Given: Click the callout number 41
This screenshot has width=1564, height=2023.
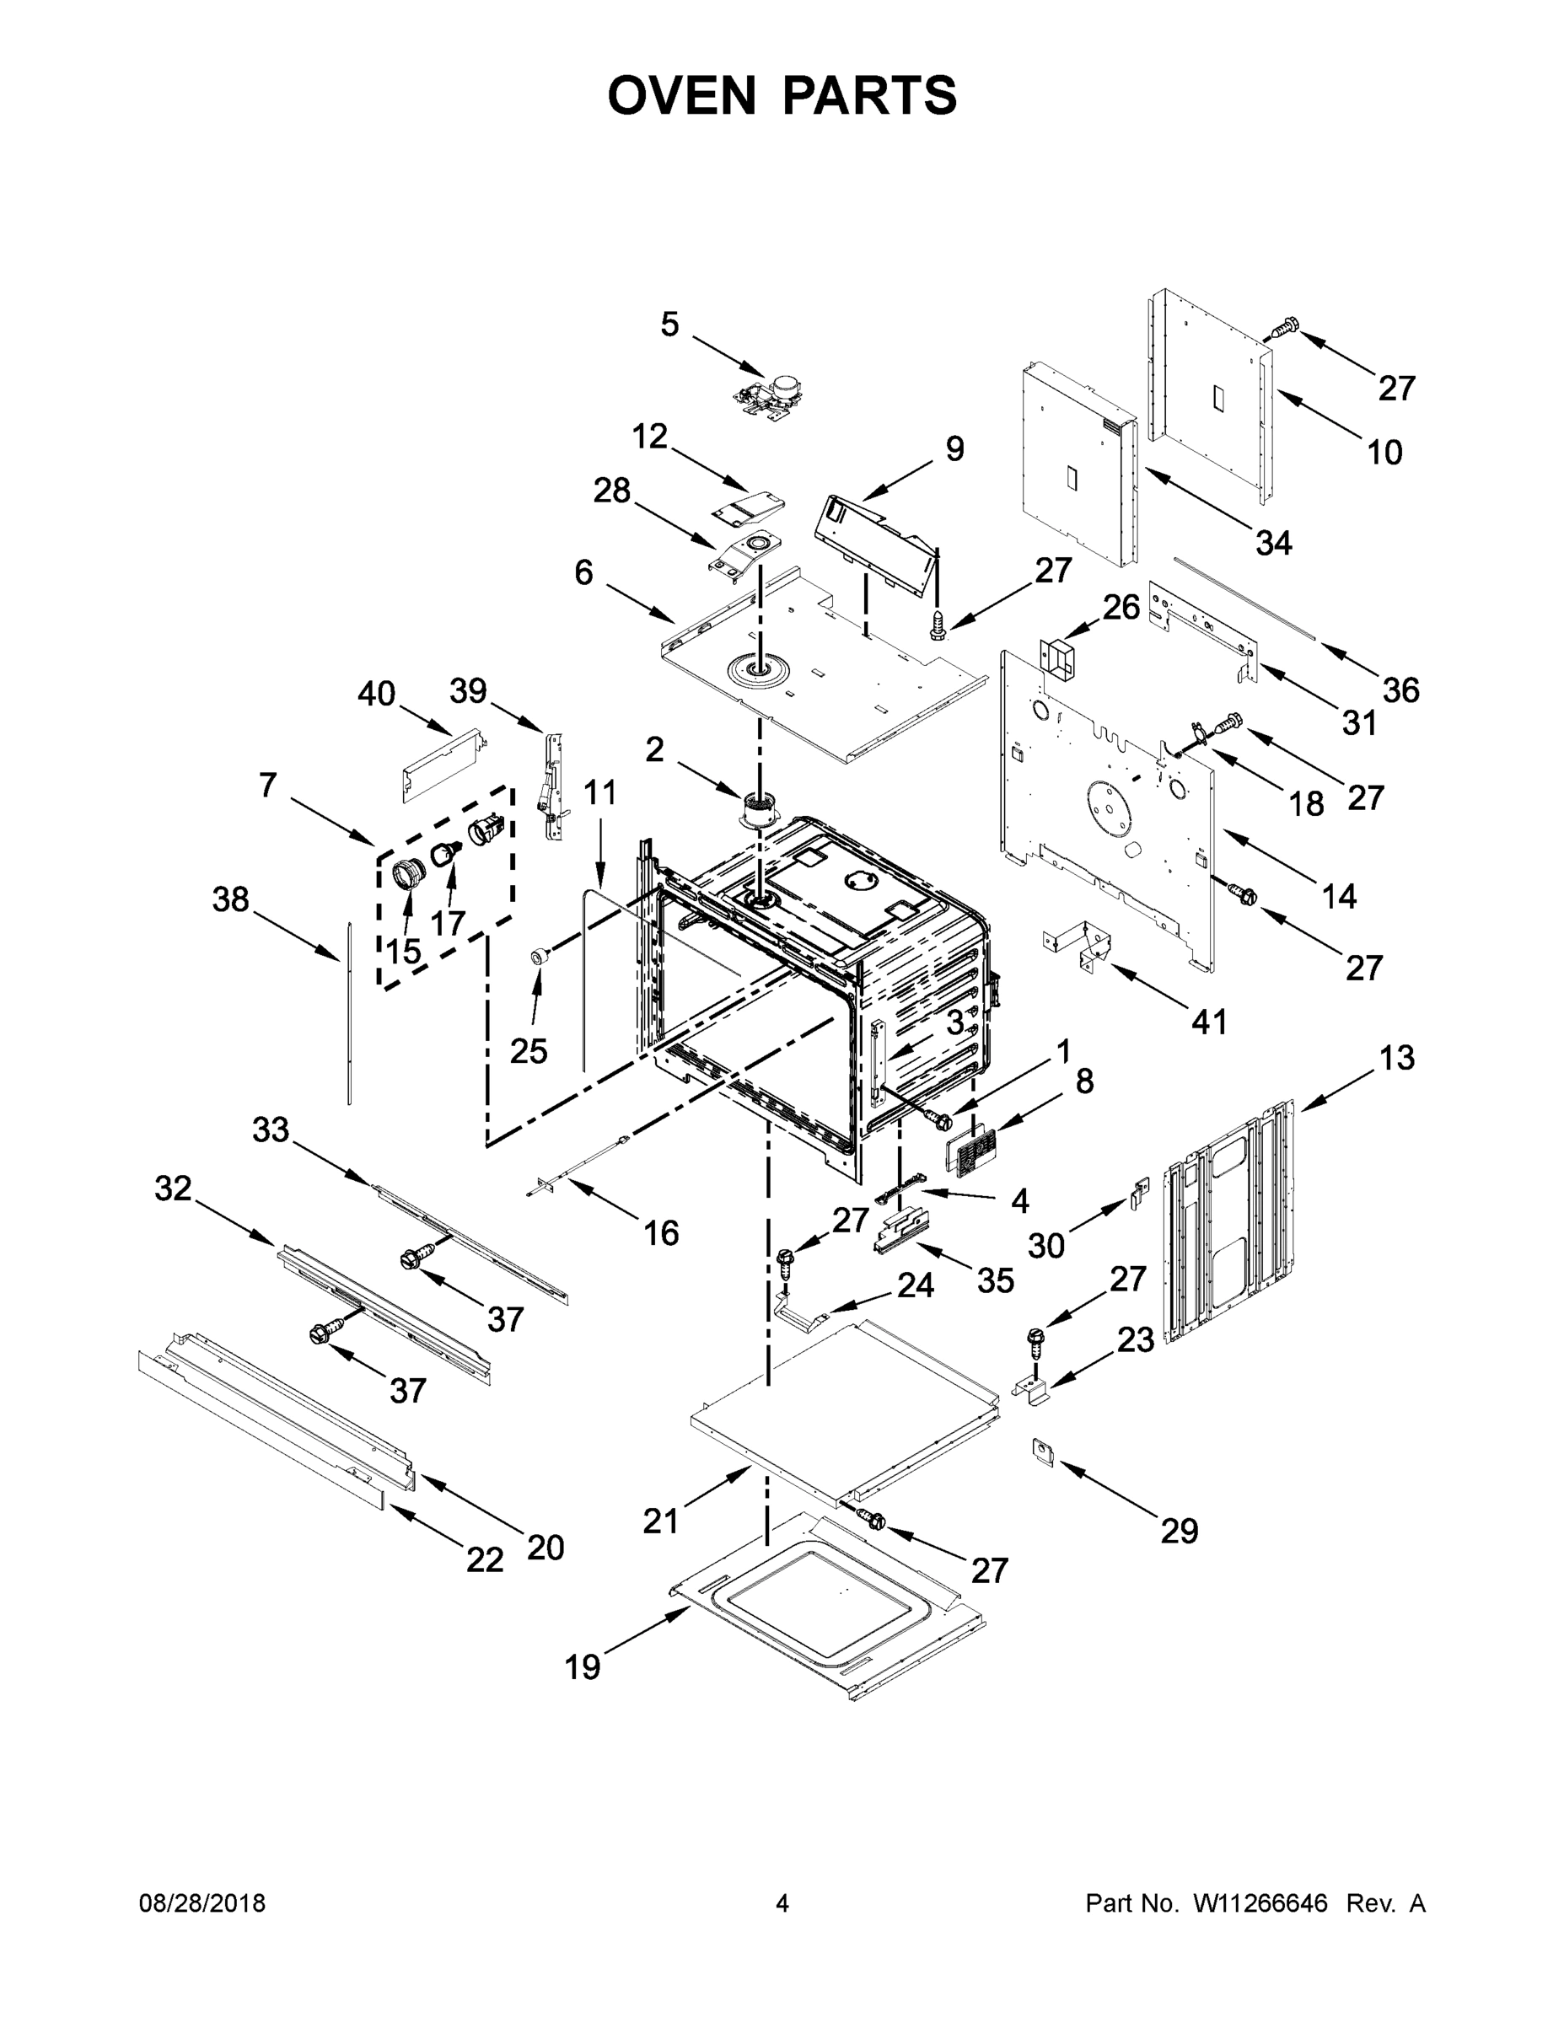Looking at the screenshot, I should [1208, 1022].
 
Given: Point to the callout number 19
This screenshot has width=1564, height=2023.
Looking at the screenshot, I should [583, 1667].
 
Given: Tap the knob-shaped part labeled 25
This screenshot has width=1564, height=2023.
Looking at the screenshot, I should [536, 957].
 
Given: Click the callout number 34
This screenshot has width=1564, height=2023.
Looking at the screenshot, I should [1273, 543].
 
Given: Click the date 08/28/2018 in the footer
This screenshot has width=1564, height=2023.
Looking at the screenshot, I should [202, 1903].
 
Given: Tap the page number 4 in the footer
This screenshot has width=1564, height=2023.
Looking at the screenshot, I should [782, 1903].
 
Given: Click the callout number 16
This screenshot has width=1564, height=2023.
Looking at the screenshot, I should [661, 1233].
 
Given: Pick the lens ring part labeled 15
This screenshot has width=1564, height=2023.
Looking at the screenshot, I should [406, 873].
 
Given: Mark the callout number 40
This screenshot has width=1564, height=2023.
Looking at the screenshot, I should [376, 693].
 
